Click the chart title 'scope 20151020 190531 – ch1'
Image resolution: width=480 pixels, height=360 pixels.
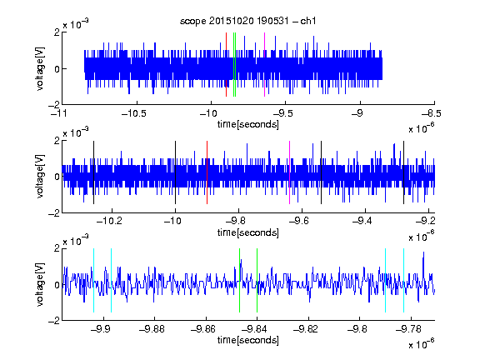tap(248, 21)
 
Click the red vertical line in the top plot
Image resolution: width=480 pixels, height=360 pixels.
tap(226, 65)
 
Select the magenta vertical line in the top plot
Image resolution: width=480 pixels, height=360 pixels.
tap(264, 65)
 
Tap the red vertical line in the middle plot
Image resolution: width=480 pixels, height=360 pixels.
tap(207, 172)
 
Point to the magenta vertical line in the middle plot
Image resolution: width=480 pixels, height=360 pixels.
tap(290, 172)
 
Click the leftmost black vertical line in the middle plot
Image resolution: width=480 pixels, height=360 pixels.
tap(93, 172)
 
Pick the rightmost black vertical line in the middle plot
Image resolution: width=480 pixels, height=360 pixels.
tap(403, 172)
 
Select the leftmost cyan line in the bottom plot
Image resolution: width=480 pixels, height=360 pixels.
tap(93, 280)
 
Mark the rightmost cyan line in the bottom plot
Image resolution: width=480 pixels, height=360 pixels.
tap(403, 280)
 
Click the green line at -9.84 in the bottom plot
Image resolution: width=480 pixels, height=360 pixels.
tap(257, 280)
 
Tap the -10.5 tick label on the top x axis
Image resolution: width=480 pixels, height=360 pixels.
tap(134, 113)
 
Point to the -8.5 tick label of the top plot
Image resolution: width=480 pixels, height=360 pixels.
tap(432, 113)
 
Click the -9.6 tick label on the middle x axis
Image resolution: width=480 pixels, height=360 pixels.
tap(299, 221)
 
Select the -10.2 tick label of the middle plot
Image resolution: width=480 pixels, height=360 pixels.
tap(109, 221)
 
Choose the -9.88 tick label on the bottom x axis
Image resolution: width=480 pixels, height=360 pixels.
tap(152, 329)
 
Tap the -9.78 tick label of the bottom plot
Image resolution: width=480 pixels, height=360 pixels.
tap(408, 329)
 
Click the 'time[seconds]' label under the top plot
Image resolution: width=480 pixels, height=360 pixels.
tap(248, 124)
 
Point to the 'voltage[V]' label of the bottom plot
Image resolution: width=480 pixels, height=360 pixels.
tap(40, 284)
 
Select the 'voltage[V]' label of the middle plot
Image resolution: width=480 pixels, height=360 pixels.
tap(40, 177)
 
